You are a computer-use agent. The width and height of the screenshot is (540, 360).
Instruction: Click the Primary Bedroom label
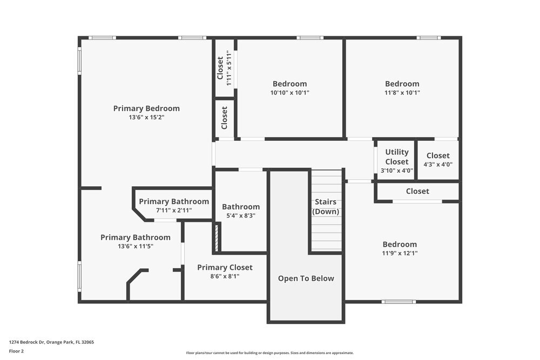pos(146,108)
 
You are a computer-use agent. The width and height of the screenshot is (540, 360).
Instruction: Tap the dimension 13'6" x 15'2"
pos(146,117)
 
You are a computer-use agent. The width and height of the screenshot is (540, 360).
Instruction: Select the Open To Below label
pos(306,279)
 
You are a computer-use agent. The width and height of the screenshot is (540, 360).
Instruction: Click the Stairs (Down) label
pos(326,207)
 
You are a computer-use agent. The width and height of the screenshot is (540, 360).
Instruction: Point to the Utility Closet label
pos(397,157)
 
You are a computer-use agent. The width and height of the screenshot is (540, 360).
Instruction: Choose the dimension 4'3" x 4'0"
pos(438,165)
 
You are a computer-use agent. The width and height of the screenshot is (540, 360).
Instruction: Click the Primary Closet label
pos(225,267)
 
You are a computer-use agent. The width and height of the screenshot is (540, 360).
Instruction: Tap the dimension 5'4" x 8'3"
pos(241,215)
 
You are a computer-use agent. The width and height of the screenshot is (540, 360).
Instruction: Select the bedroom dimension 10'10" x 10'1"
pos(290,92)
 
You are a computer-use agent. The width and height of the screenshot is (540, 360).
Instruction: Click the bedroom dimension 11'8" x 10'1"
pos(402,92)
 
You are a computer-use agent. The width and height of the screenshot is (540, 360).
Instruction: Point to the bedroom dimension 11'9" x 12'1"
pos(400,253)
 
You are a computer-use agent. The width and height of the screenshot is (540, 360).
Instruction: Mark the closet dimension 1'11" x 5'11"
pos(230,67)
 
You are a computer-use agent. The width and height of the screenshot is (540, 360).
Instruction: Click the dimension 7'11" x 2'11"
pos(174,210)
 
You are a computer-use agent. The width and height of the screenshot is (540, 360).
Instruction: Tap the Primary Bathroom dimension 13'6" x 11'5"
pos(136,246)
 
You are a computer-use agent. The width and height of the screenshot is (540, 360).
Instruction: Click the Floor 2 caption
pos(16,351)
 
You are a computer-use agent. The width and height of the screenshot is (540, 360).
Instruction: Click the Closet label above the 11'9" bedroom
pos(417,191)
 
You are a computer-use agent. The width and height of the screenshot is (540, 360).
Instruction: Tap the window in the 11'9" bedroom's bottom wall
pos(399,301)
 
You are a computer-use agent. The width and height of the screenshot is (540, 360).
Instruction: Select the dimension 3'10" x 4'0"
pos(397,171)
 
